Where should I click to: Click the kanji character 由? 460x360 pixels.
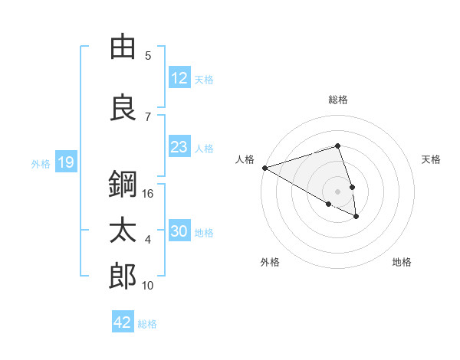tap(123, 47)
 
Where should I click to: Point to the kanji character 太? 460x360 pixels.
tap(123, 231)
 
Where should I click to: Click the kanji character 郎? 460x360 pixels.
tap(123, 277)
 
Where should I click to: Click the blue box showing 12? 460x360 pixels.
tap(179, 77)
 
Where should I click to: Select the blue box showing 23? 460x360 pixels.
tap(179, 146)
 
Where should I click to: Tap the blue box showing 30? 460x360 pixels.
tap(179, 231)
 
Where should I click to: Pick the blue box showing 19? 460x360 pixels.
tap(66, 162)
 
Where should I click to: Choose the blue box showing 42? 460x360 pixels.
tap(123, 322)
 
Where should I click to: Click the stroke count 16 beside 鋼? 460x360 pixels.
tap(149, 194)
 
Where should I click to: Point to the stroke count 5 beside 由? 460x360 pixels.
tap(148, 55)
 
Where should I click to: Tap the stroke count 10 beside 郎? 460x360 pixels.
tap(149, 286)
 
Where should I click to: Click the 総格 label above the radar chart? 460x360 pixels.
tap(338, 100)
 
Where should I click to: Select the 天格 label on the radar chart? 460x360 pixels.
tap(432, 159)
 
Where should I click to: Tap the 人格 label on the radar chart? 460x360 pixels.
tap(245, 159)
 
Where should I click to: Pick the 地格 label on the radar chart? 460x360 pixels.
tap(402, 262)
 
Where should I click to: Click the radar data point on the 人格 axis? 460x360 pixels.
tap(264, 168)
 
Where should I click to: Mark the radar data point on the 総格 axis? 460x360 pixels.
tap(337, 146)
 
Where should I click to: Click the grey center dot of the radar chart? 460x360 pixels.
tap(337, 191)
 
